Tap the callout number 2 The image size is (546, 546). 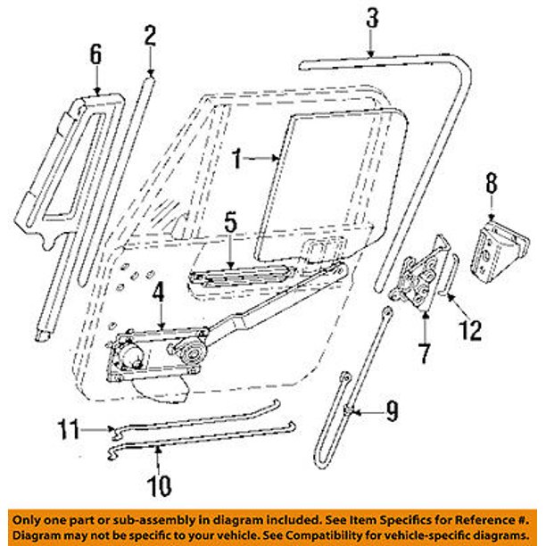(149, 36)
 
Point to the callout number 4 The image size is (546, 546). (158, 291)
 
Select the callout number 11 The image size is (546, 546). (66, 429)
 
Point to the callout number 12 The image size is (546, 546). (470, 331)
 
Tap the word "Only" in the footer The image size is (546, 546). (24, 517)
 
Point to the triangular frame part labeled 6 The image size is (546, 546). (62, 161)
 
